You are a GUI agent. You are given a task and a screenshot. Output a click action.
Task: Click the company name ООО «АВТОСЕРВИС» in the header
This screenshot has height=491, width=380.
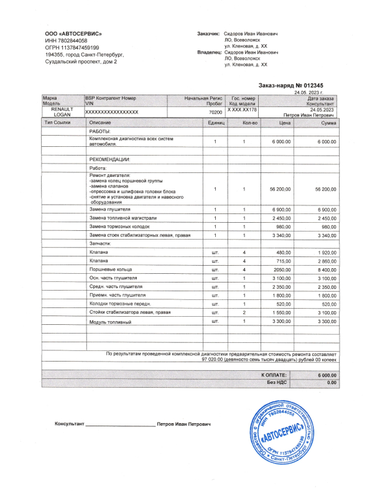[x=73, y=34]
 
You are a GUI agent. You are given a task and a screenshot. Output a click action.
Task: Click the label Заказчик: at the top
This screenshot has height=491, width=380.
[x=209, y=33]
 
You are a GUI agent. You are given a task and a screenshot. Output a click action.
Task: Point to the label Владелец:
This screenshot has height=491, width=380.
[x=209, y=53]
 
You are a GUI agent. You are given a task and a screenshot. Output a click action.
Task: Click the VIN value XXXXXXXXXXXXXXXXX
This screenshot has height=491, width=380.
[x=111, y=111]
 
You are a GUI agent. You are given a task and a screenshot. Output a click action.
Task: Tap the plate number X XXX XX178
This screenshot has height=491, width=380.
[x=243, y=109]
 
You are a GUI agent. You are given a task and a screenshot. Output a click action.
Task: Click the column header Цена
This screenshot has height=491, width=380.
[x=285, y=123]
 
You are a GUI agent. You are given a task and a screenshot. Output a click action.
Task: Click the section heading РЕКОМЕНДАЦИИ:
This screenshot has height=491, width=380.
[x=109, y=159]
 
